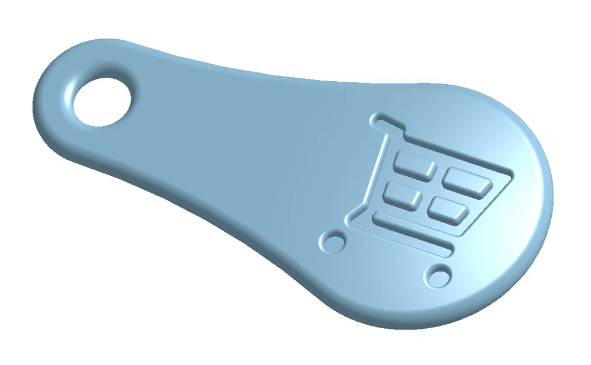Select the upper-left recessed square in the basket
click(x=414, y=163)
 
